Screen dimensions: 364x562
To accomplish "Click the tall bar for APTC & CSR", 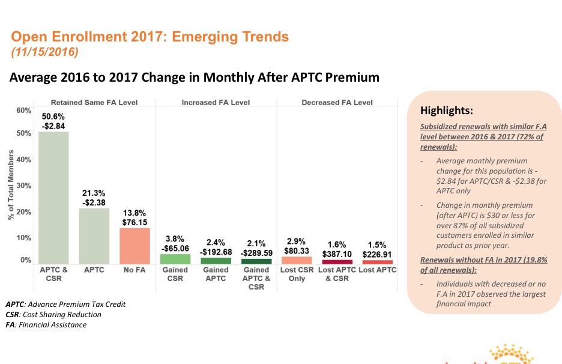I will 53,198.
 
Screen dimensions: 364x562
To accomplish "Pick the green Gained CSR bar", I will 175,259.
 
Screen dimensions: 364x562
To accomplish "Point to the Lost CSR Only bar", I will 297,260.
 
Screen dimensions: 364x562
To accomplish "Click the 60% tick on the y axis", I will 23,111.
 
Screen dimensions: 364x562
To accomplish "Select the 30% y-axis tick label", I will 23,186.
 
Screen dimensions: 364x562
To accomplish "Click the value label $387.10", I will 337,255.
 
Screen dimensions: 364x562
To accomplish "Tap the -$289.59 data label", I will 256,253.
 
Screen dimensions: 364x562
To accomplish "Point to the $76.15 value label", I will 135,222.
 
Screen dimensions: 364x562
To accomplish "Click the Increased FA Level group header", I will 216,103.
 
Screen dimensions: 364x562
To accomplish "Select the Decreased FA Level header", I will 337,103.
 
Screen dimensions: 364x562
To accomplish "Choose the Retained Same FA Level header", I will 94,103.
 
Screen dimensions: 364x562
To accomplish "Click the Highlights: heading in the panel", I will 447,111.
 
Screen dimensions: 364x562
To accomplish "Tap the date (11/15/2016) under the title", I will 45,52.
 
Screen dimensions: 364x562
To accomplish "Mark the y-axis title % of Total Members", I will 11,186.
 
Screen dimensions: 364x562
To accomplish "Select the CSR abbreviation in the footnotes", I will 12,314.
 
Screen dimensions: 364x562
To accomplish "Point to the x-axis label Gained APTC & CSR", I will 256,278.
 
